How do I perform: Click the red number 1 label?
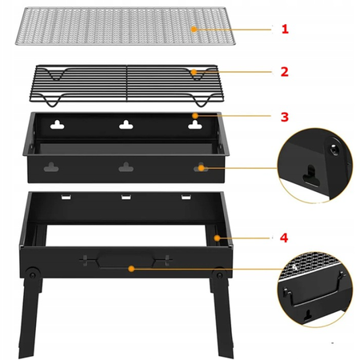285,29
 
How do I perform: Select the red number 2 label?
285,72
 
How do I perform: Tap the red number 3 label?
285,117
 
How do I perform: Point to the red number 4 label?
284,238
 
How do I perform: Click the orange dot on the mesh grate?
194,29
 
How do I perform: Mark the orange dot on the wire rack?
194,72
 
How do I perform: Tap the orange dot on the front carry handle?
131,269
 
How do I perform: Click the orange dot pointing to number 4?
218,238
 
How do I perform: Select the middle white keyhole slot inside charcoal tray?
126,125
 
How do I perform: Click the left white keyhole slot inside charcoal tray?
58,125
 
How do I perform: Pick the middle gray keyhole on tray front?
126,167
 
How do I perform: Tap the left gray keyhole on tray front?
51,167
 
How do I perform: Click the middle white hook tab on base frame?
126,197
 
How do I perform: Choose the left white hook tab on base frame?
66,197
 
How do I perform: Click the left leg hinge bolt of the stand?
33,275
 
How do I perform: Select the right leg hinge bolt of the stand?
219,275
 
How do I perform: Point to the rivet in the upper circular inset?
334,150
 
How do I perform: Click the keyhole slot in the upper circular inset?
311,176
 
